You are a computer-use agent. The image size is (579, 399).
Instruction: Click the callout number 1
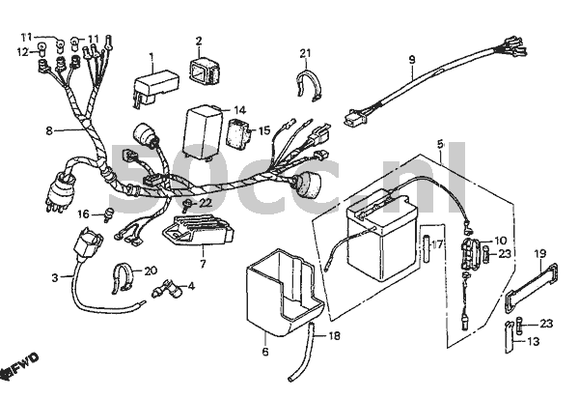click(x=152, y=56)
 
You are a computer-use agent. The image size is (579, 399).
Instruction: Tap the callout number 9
click(x=411, y=60)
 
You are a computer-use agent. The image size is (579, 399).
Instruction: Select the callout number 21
click(x=305, y=52)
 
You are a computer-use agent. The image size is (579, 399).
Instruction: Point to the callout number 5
click(x=440, y=146)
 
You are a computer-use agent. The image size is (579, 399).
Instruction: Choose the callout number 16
click(x=84, y=214)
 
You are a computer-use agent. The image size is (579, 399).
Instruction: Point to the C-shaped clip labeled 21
click(x=307, y=85)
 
